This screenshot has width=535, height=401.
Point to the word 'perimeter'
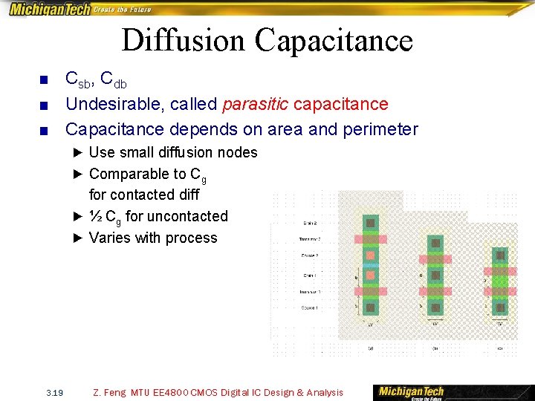(380, 129)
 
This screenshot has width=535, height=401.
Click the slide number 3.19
(53, 392)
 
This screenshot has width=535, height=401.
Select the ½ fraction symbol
(96, 216)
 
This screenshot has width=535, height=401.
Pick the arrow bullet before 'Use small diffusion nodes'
(78, 153)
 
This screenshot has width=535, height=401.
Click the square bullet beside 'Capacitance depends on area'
(44, 131)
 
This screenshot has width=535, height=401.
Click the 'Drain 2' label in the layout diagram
(311, 223)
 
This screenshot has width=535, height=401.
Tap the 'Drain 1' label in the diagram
(311, 276)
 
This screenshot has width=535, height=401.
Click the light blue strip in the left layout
(371, 264)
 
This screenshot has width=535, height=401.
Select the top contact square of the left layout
(371, 223)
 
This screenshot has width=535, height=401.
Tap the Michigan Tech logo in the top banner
(50, 9)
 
